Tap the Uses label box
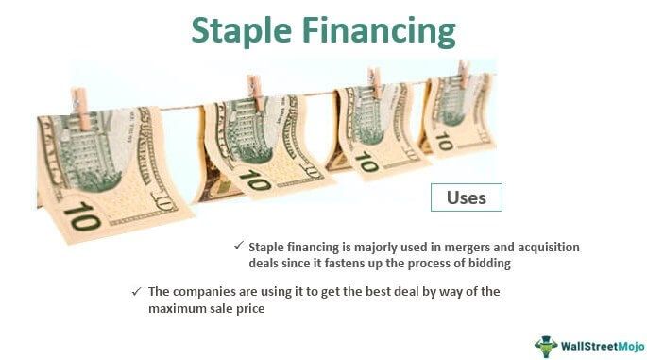coord(467,197)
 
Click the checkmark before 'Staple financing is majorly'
coord(239,246)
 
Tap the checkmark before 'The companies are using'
coord(136,291)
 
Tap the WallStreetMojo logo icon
coord(546,345)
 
